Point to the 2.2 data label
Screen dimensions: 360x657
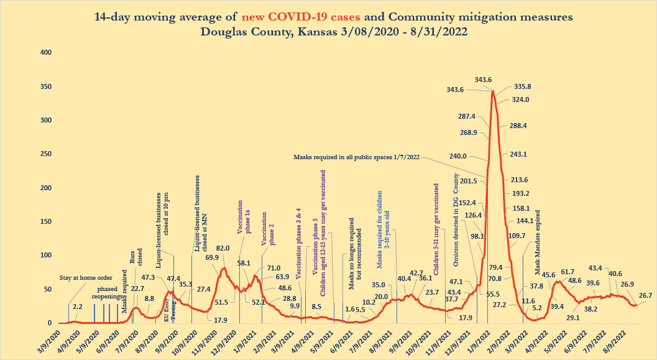point(77,307)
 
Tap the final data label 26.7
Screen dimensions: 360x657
point(645,295)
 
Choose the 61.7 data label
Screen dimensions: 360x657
point(568,272)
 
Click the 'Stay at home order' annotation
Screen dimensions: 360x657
point(86,277)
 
